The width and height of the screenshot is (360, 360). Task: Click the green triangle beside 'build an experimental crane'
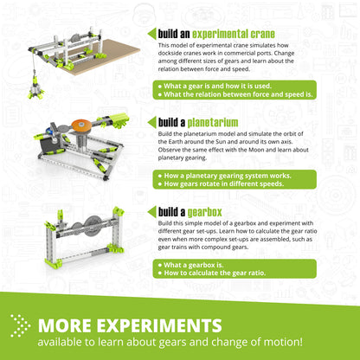152,34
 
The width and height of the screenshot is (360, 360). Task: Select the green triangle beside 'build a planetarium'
152,122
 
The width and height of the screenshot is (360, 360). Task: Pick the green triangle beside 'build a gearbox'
152,210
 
